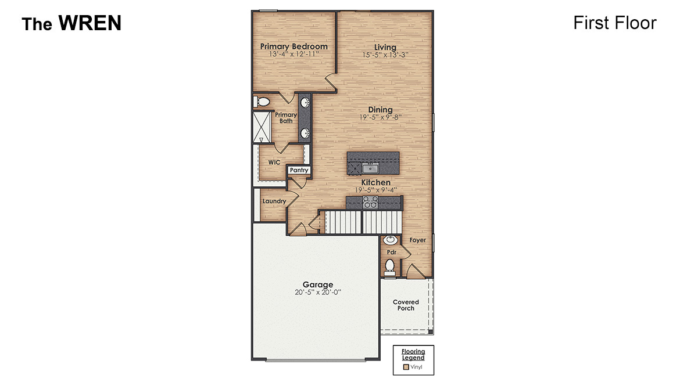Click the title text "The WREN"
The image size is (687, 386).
(x=71, y=23)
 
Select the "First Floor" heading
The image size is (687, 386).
(x=614, y=23)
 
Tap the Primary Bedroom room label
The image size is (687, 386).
(x=294, y=46)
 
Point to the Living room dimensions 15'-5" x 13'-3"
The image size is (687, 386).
(x=385, y=55)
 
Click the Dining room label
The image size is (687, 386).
(x=380, y=110)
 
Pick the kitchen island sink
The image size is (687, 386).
(x=370, y=168)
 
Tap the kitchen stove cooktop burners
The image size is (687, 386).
(x=370, y=202)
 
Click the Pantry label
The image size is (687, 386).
(x=299, y=171)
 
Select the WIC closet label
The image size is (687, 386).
(x=274, y=163)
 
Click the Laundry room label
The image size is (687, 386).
(x=274, y=201)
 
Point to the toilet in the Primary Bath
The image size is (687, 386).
(x=262, y=102)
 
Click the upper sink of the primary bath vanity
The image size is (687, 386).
(x=305, y=103)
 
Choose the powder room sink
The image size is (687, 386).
(x=391, y=240)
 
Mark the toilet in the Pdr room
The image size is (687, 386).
(x=390, y=266)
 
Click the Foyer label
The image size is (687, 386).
(x=417, y=240)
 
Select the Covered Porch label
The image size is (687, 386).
(x=406, y=305)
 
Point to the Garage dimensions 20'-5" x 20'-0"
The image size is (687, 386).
(x=317, y=293)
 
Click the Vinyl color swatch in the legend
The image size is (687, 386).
(x=406, y=367)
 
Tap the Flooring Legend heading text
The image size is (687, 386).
(x=413, y=354)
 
